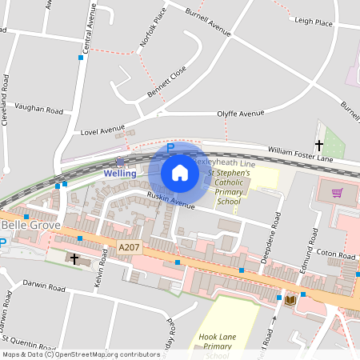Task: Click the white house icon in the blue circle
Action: (x=180, y=173)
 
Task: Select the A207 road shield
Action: (x=129, y=249)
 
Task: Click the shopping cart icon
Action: (x=337, y=192)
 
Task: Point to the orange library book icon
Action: (x=290, y=299)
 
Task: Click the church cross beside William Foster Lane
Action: (x=319, y=146)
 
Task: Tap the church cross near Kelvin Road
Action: (x=75, y=259)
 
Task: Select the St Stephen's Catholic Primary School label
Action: (x=230, y=186)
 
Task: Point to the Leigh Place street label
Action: (x=313, y=22)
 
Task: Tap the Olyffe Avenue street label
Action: (x=240, y=114)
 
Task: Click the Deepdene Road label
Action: (x=274, y=233)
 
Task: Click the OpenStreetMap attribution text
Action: (x=80, y=354)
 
